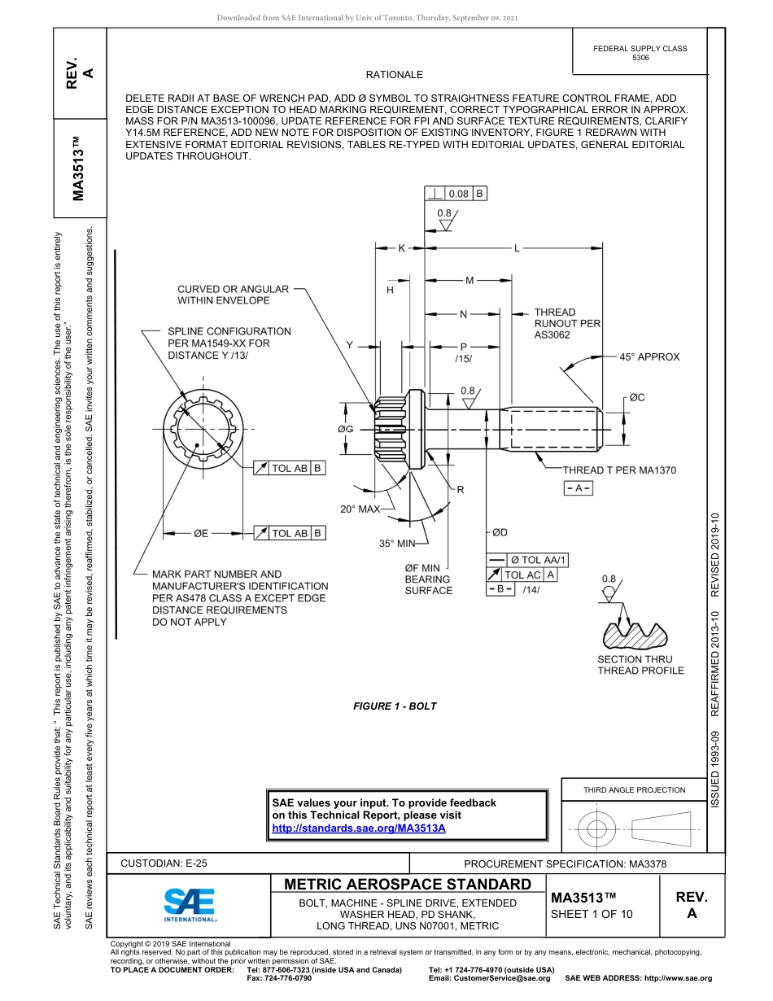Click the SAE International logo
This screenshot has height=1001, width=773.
[190, 903]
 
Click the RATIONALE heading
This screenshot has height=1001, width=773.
[394, 75]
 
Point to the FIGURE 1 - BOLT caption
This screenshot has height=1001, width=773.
[395, 706]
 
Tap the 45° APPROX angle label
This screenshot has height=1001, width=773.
[649, 356]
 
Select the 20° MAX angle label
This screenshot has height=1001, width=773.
[360, 509]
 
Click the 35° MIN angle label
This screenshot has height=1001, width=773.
[397, 543]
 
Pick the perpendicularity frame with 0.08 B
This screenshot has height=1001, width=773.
[456, 194]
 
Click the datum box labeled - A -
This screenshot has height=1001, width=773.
[578, 487]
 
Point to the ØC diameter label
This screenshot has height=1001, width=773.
[636, 397]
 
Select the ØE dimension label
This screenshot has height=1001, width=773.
[200, 533]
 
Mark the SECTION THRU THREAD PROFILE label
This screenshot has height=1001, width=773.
[640, 665]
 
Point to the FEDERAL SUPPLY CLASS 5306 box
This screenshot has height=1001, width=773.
[640, 53]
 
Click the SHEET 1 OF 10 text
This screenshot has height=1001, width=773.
[592, 913]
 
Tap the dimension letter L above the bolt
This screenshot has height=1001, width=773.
[516, 249]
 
